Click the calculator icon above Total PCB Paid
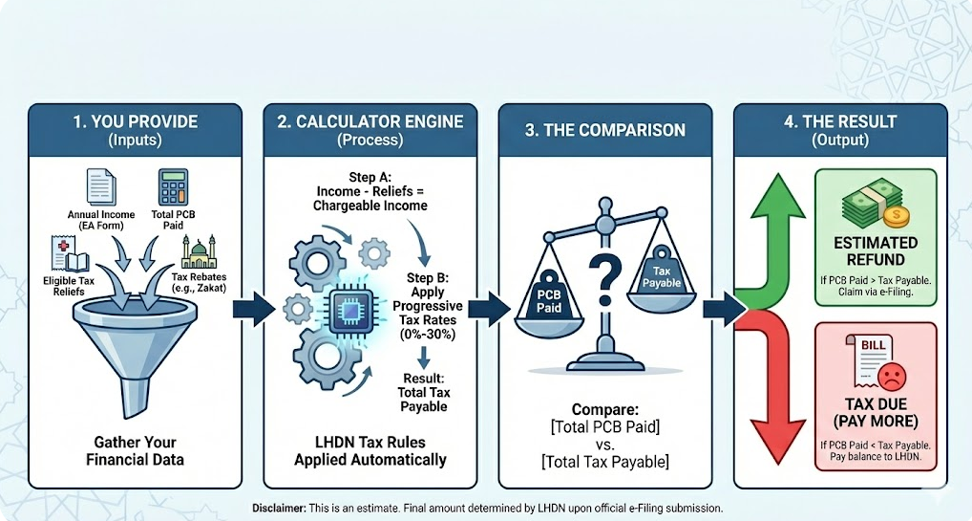point(173,186)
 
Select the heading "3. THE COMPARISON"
point(604,130)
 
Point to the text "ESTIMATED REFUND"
point(875,251)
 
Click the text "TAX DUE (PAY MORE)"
point(876,413)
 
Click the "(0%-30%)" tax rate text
point(428,336)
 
